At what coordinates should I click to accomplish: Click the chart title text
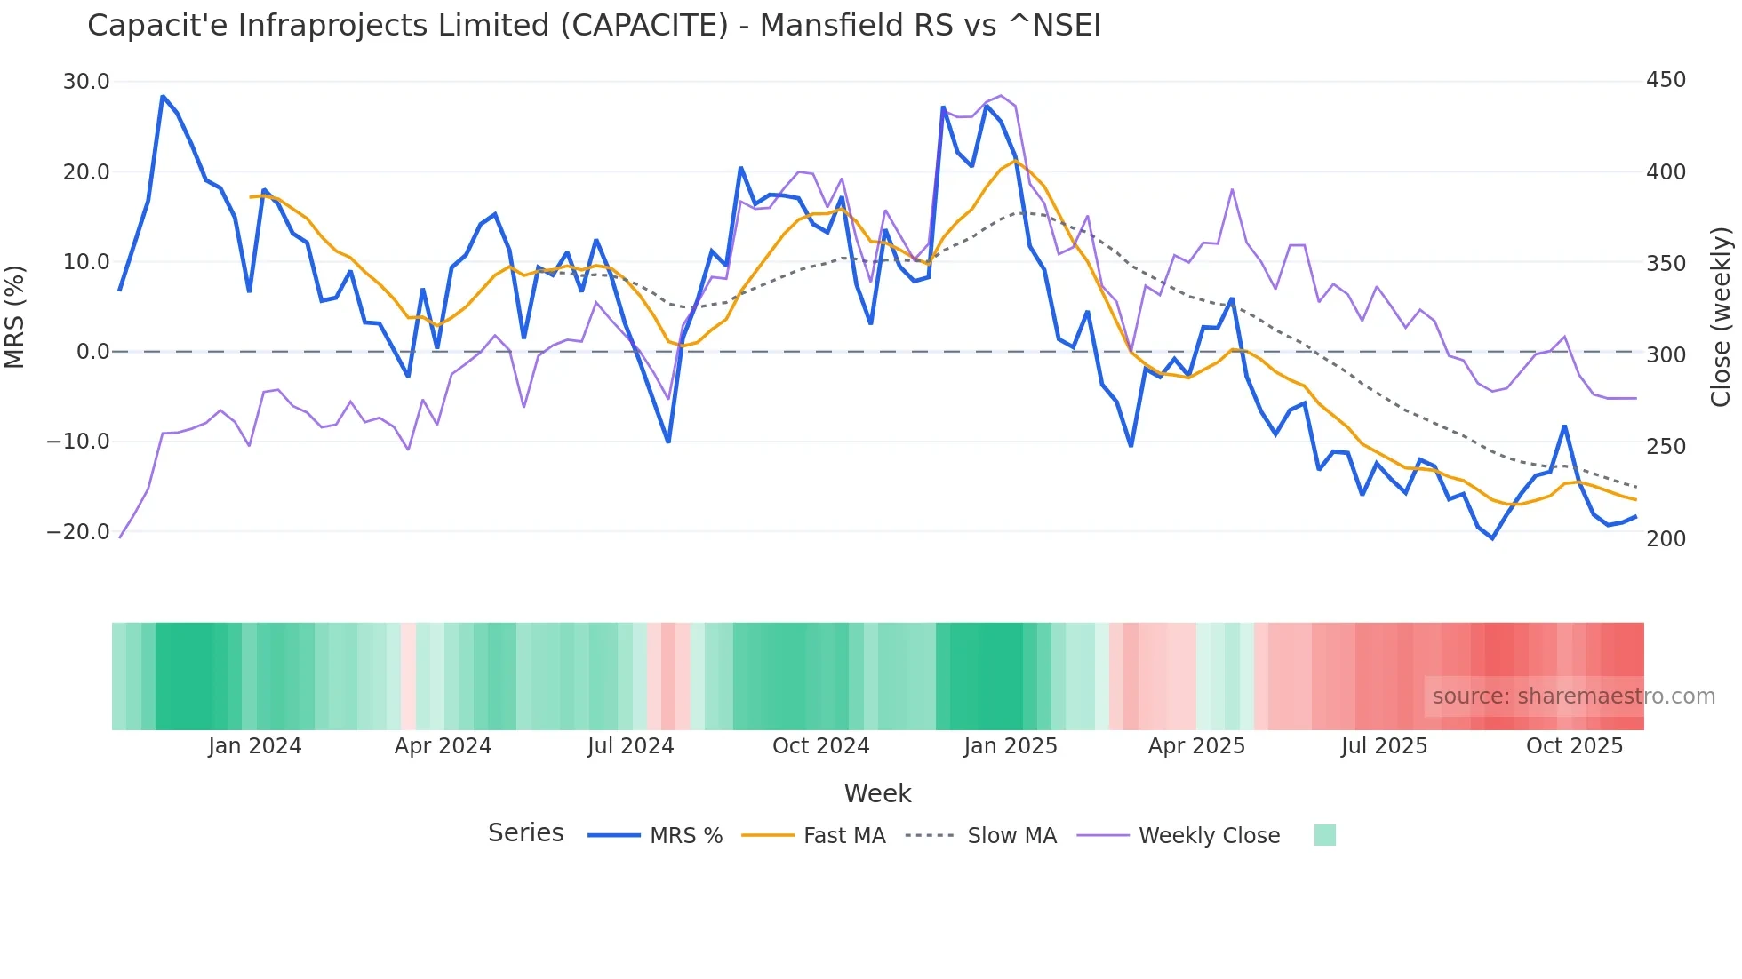coord(594,26)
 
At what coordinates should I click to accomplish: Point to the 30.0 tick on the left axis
coord(86,82)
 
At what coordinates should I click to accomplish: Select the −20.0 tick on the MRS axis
coord(78,532)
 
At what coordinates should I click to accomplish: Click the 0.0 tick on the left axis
coord(92,352)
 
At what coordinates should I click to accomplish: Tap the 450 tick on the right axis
coord(1666,80)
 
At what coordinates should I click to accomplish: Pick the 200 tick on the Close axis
coord(1666,538)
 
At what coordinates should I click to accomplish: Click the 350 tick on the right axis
coord(1666,264)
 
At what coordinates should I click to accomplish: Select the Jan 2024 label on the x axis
coord(255,746)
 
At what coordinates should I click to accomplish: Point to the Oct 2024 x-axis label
coord(820,746)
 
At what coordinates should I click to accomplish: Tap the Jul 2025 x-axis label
coord(1384,746)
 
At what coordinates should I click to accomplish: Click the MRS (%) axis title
coord(15,316)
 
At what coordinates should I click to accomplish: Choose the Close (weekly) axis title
coord(1722,316)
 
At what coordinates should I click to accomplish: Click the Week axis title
coord(877,793)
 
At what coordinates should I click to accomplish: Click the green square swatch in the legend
coord(1324,835)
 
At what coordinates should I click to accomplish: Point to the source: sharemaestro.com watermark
coord(1573,696)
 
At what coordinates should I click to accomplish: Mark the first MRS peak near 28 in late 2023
coord(163,96)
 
